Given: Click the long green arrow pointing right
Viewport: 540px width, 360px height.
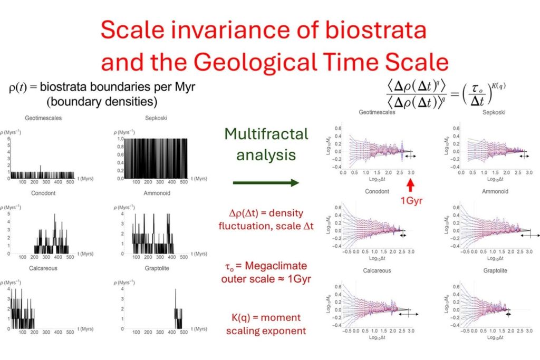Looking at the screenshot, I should coord(266,182).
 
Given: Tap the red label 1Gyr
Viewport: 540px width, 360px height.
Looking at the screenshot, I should coord(410,200).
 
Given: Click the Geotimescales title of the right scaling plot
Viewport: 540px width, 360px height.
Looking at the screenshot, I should coord(378,112).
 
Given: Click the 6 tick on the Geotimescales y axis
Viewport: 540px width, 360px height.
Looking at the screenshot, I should coord(10,138).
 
